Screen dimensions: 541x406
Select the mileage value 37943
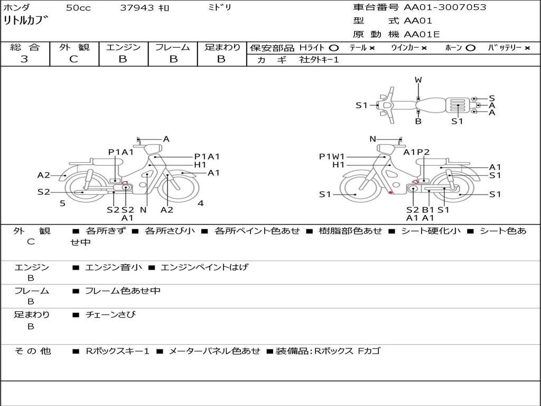pyautogui.click(x=137, y=8)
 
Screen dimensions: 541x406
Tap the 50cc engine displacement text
pyautogui.click(x=78, y=8)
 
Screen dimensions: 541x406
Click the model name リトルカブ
pyautogui.click(x=26, y=22)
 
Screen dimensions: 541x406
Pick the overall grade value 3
pyautogui.click(x=24, y=59)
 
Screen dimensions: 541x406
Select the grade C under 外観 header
pyautogui.click(x=74, y=59)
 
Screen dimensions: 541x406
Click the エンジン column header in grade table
pyautogui.click(x=123, y=48)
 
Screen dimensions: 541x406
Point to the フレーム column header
pyautogui.click(x=172, y=48)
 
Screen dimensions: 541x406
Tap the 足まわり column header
pyautogui.click(x=222, y=48)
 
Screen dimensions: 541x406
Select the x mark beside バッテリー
pyautogui.click(x=527, y=48)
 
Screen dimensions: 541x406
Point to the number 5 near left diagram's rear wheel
pyautogui.click(x=62, y=204)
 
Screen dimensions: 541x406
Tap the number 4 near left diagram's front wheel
pyautogui.click(x=201, y=203)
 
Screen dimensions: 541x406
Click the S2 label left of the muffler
pyautogui.click(x=43, y=192)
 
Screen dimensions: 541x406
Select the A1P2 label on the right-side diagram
pyautogui.click(x=416, y=152)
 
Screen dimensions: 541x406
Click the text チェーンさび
pyautogui.click(x=110, y=315)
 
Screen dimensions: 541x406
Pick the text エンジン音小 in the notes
pyautogui.click(x=113, y=267)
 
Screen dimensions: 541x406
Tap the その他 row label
pyautogui.click(x=32, y=351)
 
